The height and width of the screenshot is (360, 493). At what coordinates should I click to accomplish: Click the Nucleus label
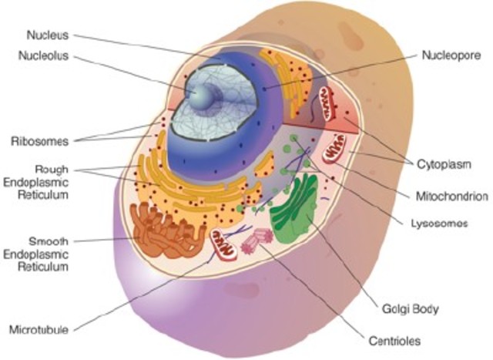tap(47, 35)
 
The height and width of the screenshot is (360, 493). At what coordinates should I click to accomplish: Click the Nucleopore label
tap(451, 56)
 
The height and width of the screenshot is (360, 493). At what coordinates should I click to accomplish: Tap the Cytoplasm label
tap(448, 163)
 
